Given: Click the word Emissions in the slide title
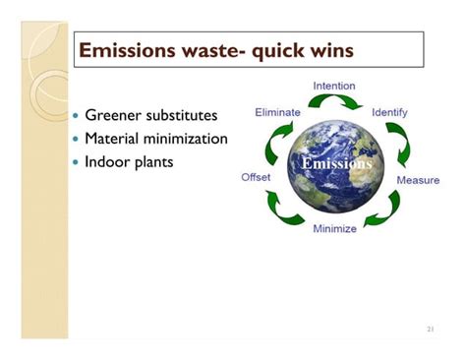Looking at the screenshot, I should (x=125, y=50).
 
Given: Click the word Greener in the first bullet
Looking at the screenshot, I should (x=116, y=116).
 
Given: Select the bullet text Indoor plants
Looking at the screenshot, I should (x=130, y=160).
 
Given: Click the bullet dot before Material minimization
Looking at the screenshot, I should (x=77, y=139).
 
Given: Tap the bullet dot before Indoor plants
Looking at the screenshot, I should (x=77, y=161).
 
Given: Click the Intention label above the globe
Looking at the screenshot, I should (x=334, y=87).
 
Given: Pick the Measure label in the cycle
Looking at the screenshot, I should (x=418, y=181).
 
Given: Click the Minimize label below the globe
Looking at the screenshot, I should (x=334, y=229).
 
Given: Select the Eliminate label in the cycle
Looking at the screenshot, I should (x=277, y=113).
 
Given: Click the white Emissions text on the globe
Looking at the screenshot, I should (x=337, y=163).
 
